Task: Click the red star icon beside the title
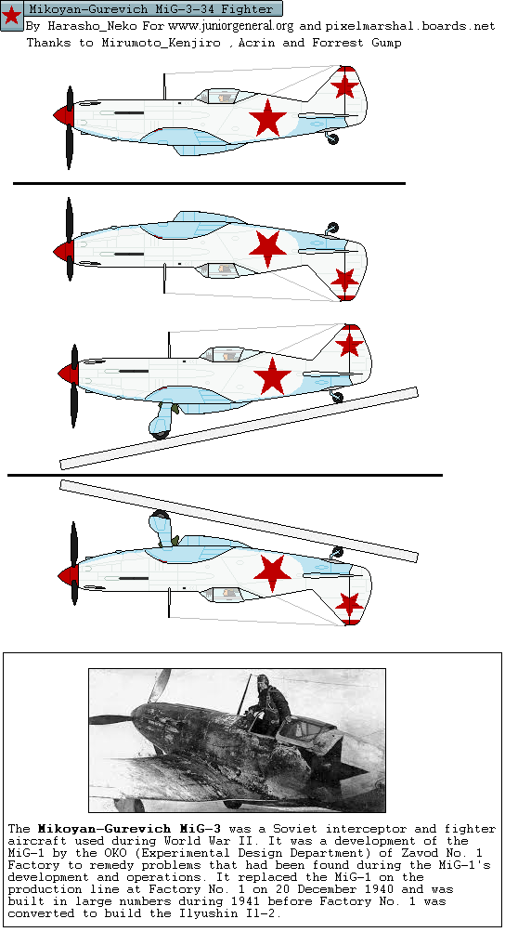[11, 16]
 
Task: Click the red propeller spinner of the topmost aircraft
[63, 115]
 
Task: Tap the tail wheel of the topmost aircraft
[332, 138]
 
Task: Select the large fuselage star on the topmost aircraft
[268, 118]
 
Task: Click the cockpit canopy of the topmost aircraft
[222, 96]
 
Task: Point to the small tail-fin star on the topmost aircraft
[344, 86]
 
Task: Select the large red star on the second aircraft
[268, 248]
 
